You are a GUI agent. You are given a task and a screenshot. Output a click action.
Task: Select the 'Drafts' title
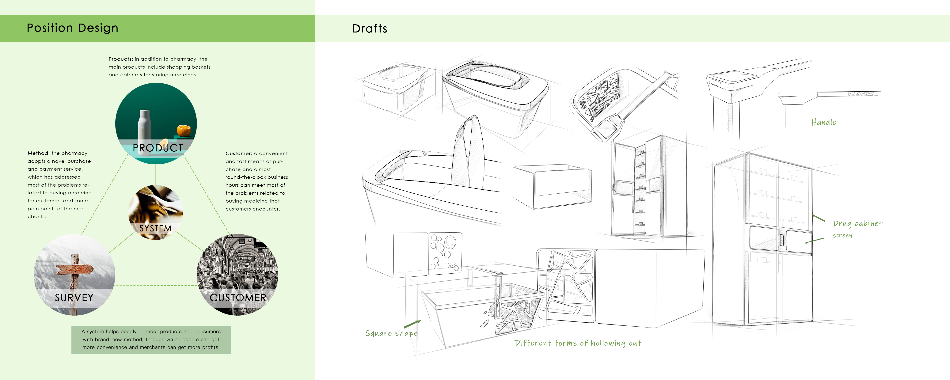370,29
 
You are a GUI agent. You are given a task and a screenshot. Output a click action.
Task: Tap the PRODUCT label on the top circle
158,148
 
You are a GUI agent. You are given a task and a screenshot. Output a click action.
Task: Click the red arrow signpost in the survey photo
75,269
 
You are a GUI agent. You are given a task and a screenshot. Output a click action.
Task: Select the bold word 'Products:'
121,59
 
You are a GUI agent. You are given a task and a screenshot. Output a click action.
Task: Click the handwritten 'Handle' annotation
823,122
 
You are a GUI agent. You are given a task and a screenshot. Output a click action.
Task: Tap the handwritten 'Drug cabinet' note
858,224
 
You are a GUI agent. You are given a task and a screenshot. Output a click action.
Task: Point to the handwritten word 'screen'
842,235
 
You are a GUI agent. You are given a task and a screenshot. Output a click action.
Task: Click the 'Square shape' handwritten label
391,333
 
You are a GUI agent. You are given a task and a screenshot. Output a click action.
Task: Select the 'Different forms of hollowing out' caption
578,343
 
